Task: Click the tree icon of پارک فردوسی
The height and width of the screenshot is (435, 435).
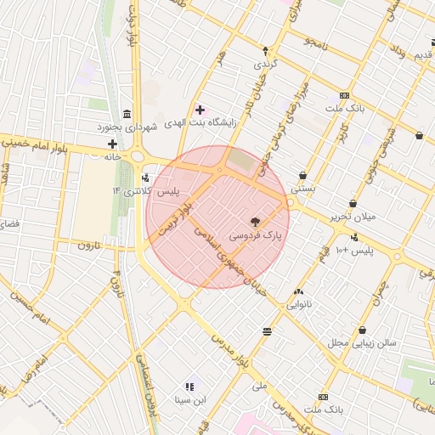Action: click(x=257, y=219)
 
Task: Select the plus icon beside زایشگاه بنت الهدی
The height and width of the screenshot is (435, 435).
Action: click(x=201, y=110)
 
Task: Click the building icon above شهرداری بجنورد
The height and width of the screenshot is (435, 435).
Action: click(x=127, y=115)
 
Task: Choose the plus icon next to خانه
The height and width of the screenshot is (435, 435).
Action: click(x=111, y=144)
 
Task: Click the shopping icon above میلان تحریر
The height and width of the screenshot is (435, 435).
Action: click(x=353, y=203)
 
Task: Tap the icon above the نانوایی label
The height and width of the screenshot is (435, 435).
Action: click(x=298, y=291)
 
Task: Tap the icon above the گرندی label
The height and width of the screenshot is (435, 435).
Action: click(x=265, y=51)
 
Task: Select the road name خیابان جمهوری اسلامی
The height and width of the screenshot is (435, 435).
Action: click(x=230, y=260)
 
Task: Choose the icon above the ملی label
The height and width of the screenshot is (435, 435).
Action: click(x=268, y=330)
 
